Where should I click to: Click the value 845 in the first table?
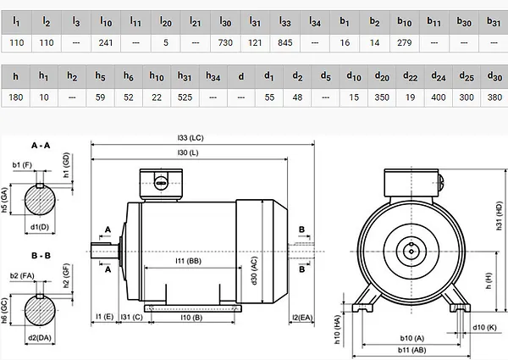click(284, 42)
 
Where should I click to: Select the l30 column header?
click(225, 22)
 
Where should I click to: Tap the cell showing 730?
click(225, 42)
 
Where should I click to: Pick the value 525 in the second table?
click(185, 97)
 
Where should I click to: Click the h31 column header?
click(185, 76)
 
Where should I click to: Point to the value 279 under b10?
click(405, 42)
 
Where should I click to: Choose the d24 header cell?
click(439, 76)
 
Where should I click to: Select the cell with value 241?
click(106, 42)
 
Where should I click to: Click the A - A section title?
click(41, 146)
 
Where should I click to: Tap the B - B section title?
click(41, 256)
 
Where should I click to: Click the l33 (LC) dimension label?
click(190, 138)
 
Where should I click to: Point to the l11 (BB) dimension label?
click(188, 261)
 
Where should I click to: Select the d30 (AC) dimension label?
click(254, 271)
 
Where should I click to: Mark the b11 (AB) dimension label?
click(411, 350)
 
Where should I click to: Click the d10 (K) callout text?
click(484, 327)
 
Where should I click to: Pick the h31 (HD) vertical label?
click(499, 216)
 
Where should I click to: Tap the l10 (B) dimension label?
click(191, 318)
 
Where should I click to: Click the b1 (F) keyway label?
click(22, 165)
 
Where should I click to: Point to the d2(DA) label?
click(40, 338)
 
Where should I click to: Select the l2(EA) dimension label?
click(302, 318)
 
